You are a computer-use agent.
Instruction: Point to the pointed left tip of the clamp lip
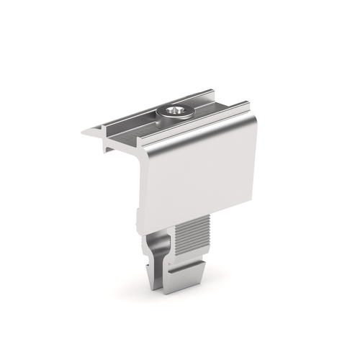coord(83,132)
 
